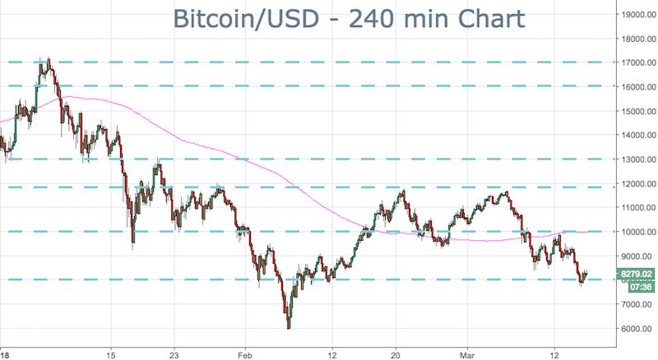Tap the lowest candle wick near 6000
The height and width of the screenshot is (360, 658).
(289, 328)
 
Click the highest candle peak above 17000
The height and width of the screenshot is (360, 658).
(49, 58)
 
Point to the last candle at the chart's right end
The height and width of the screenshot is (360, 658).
(586, 275)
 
